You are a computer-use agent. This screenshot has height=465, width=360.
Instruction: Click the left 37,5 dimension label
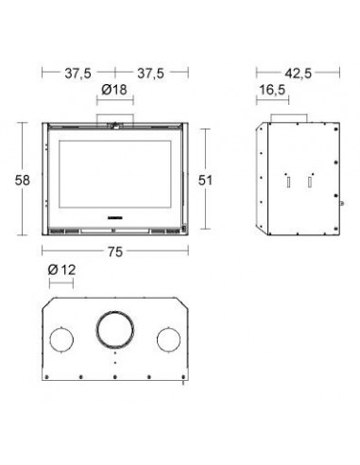(77, 74)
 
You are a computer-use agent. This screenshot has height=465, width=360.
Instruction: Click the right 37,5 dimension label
(150, 74)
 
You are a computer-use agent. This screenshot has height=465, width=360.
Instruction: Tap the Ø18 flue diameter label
(114, 90)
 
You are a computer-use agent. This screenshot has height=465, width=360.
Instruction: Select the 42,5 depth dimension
(299, 74)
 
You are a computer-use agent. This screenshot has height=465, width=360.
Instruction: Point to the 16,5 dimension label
(272, 90)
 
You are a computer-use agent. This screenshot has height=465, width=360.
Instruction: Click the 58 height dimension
(23, 181)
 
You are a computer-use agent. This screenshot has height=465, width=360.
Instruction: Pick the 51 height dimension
(205, 181)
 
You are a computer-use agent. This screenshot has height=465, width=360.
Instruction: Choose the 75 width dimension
(115, 251)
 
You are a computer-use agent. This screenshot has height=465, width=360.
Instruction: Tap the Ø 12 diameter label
(62, 270)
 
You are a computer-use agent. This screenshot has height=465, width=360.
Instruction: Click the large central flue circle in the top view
(115, 312)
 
